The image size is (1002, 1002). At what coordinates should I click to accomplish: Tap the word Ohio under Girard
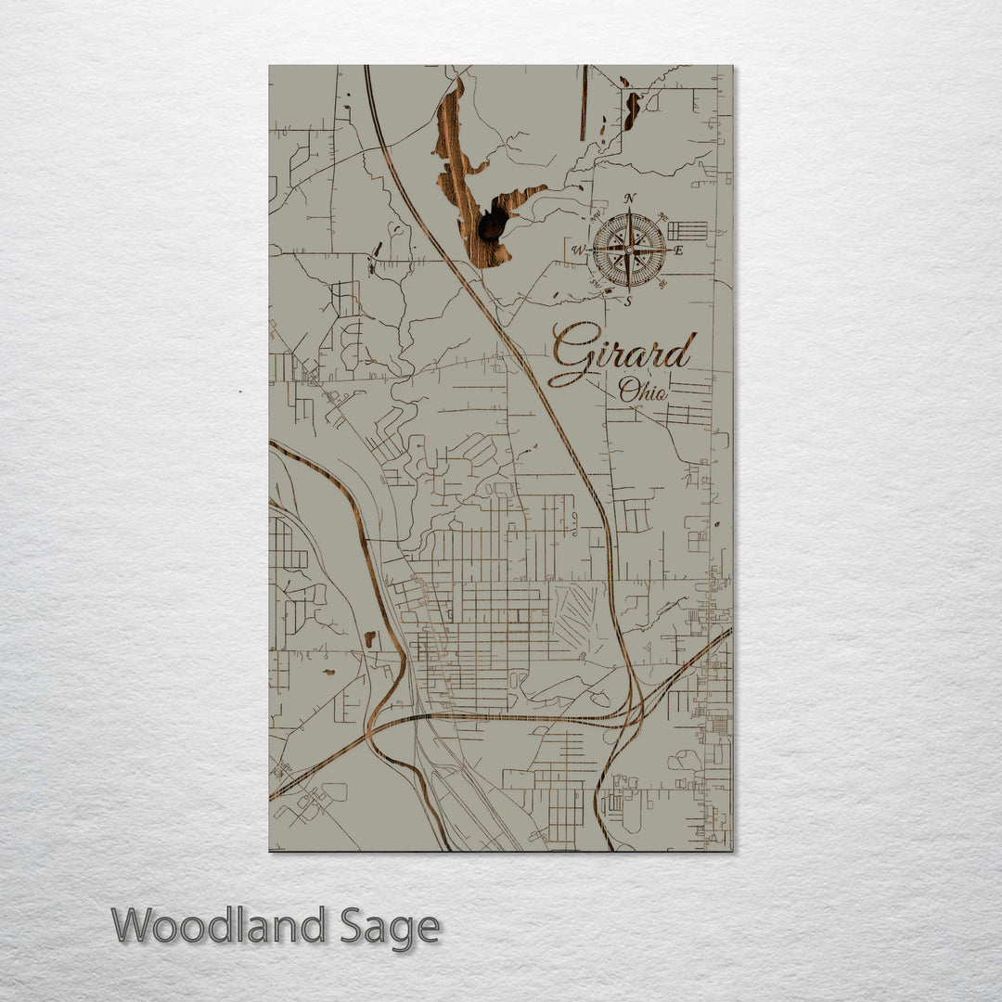coord(643,391)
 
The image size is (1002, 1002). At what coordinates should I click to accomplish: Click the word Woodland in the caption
coord(219,926)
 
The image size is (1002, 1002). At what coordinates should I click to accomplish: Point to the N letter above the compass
coord(630,199)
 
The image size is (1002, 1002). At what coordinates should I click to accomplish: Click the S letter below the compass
coord(628,301)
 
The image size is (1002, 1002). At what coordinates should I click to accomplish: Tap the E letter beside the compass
coord(678,250)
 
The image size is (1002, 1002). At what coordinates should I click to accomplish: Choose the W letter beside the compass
coord(577,250)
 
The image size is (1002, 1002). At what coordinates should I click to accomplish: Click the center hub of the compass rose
coord(629,250)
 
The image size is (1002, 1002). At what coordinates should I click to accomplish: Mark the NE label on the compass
coord(661,217)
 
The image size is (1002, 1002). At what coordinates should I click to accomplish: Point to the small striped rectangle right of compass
coord(687,230)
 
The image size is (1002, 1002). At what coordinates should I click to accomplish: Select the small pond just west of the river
coord(369,638)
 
